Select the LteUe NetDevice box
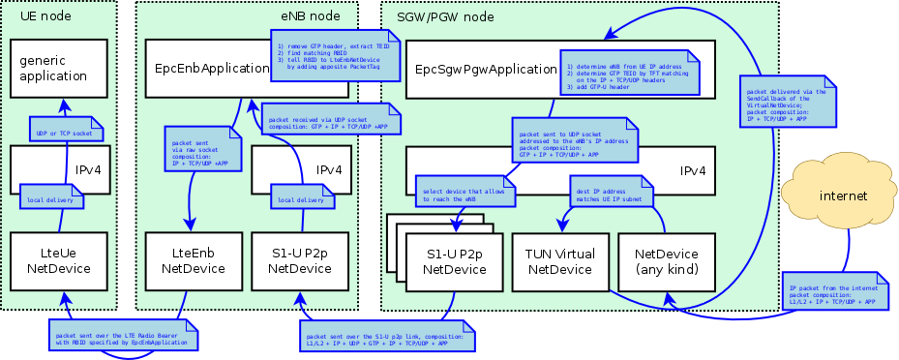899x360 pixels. pyautogui.click(x=58, y=261)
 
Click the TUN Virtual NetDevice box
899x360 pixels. pyautogui.click(x=559, y=261)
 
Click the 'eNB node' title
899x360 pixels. pyautogui.click(x=310, y=15)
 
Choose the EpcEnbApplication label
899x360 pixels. pyautogui.click(x=211, y=68)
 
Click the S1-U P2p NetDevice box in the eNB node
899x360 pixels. pyautogui.click(x=299, y=261)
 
